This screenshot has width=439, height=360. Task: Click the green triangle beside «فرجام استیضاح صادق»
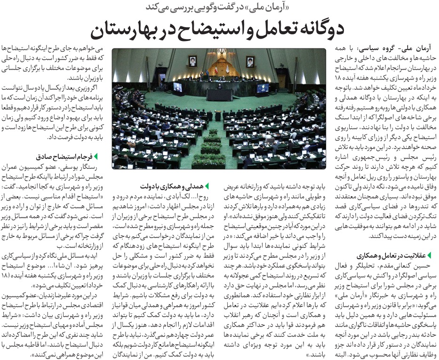tap(96, 156)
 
